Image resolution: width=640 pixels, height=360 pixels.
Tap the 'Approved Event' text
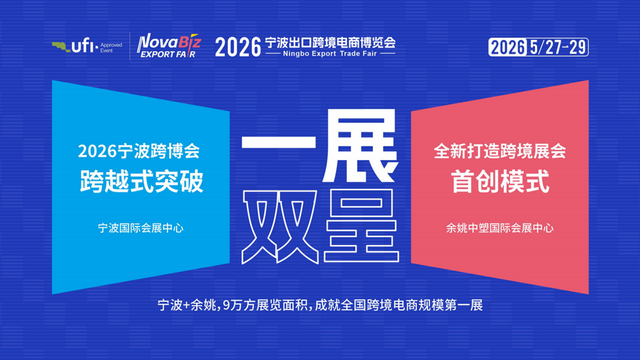point(111,47)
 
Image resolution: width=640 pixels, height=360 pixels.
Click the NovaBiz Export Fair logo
point(167,46)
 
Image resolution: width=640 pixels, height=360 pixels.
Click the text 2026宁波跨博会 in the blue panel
point(139,151)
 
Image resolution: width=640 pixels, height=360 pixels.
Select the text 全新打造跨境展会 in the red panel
point(500,151)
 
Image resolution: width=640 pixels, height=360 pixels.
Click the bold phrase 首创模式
point(500,182)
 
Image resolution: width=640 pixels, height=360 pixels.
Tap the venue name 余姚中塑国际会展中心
point(500,228)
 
